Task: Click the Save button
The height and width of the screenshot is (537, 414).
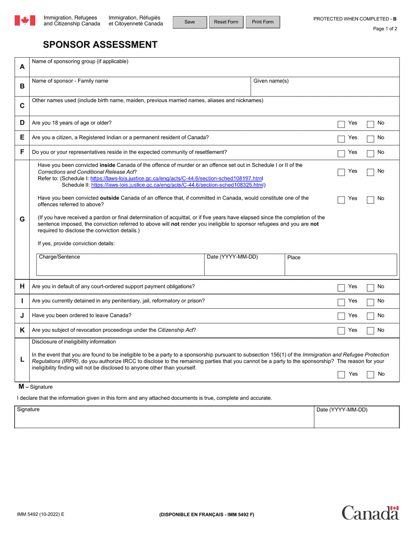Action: (x=190, y=22)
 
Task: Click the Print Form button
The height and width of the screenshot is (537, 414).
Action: (x=263, y=22)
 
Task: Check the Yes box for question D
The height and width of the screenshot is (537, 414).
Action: (x=341, y=124)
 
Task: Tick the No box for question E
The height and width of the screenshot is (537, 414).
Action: (x=370, y=139)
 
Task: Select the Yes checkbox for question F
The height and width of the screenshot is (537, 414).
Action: (x=341, y=154)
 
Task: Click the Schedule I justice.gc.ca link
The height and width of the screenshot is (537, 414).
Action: (x=176, y=179)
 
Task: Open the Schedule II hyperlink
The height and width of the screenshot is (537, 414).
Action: (x=177, y=185)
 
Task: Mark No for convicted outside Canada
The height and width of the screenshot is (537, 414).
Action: (x=370, y=200)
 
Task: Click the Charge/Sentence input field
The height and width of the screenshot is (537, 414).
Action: (x=120, y=267)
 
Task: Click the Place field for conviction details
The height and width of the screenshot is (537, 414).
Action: (x=341, y=267)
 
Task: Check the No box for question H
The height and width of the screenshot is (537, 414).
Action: (x=370, y=288)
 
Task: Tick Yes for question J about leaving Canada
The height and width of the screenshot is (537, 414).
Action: (x=341, y=317)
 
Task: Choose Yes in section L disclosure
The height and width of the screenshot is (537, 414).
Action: (x=341, y=375)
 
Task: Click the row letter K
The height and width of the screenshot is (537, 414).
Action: (x=22, y=330)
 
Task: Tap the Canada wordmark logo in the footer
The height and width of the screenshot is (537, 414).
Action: (x=370, y=513)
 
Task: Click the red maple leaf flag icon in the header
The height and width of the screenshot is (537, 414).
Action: (x=25, y=21)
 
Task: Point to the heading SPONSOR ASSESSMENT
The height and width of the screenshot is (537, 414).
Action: (x=100, y=45)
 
